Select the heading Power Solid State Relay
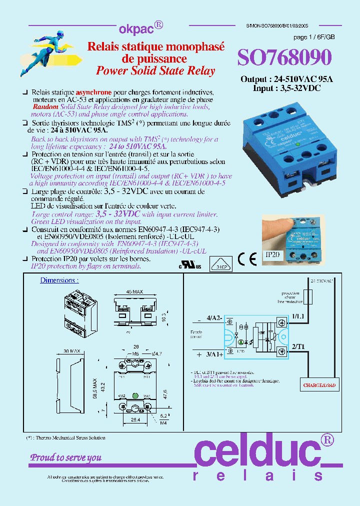[x=155, y=71]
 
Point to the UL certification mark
[x=190, y=265]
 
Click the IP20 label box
[x=272, y=255]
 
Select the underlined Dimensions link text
[x=59, y=280]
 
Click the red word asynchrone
[x=94, y=93]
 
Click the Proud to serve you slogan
[x=66, y=457]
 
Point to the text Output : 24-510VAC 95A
[x=286, y=79]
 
